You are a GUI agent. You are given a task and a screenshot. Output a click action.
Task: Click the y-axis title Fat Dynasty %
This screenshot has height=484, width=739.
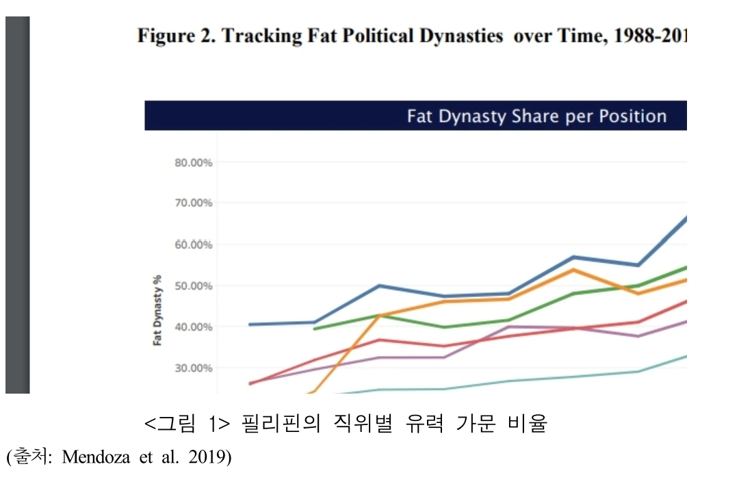(x=157, y=309)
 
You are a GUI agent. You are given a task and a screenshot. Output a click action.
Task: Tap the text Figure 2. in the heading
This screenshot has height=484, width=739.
(x=176, y=36)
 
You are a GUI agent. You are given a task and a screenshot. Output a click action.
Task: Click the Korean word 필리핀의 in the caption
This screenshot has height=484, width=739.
(x=281, y=424)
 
